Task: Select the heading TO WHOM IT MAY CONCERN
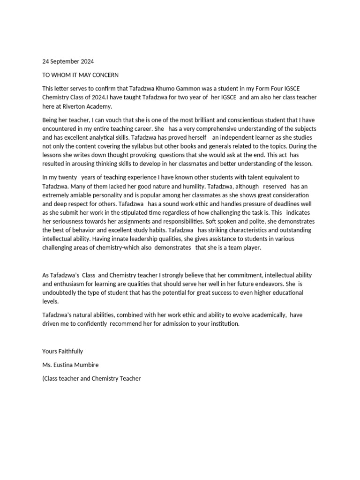click(80, 75)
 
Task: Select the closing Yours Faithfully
click(62, 351)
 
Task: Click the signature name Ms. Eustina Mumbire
click(71, 365)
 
